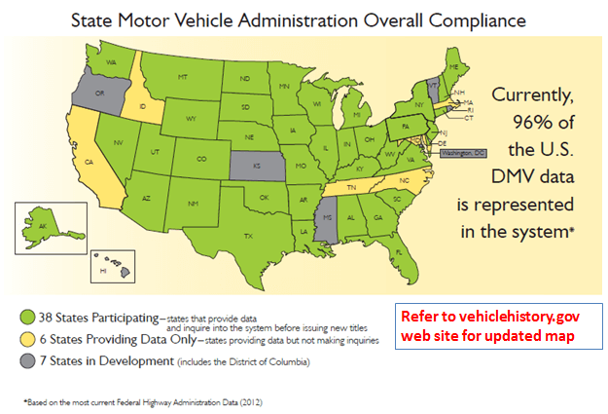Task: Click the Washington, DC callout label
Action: [462, 154]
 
